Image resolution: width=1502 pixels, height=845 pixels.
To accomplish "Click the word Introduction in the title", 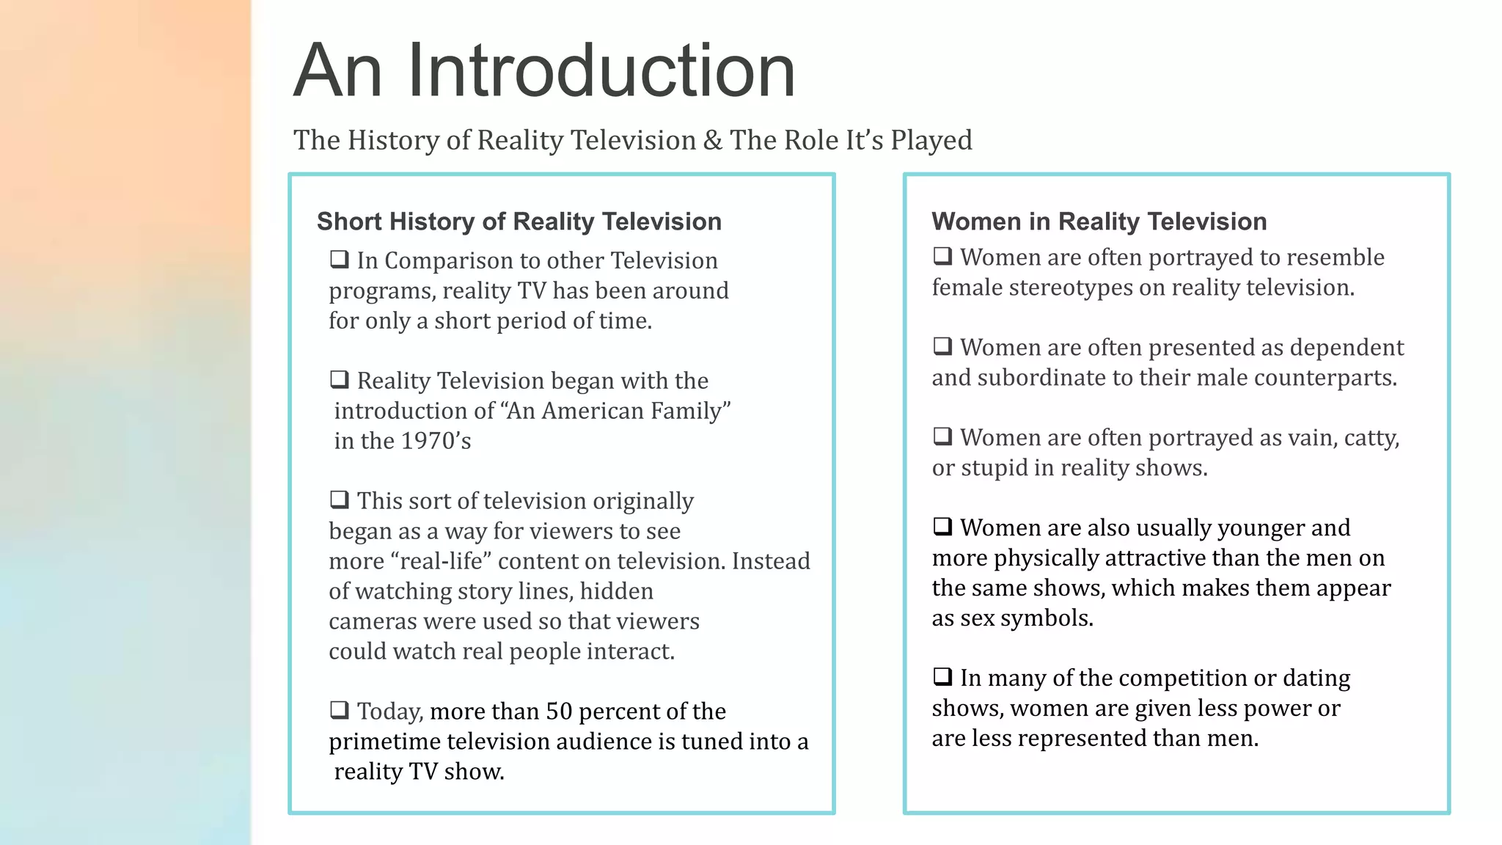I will (601, 70).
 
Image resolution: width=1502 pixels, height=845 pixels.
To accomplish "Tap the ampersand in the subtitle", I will (712, 140).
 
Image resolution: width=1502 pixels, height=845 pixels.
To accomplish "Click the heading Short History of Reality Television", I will (519, 222).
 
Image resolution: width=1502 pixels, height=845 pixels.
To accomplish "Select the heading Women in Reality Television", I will (1099, 222).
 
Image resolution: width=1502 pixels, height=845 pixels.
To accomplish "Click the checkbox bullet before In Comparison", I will (339, 259).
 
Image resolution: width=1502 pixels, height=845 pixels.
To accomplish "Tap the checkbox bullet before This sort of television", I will (339, 500).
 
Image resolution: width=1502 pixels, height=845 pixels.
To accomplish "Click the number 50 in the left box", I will (559, 712).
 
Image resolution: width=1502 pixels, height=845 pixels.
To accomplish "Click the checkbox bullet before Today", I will (339, 710).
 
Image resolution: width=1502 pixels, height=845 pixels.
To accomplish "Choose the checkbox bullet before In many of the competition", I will (942, 676).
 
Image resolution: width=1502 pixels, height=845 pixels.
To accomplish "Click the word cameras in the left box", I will (372, 621).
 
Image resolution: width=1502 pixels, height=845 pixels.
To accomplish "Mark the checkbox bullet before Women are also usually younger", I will (942, 526).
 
